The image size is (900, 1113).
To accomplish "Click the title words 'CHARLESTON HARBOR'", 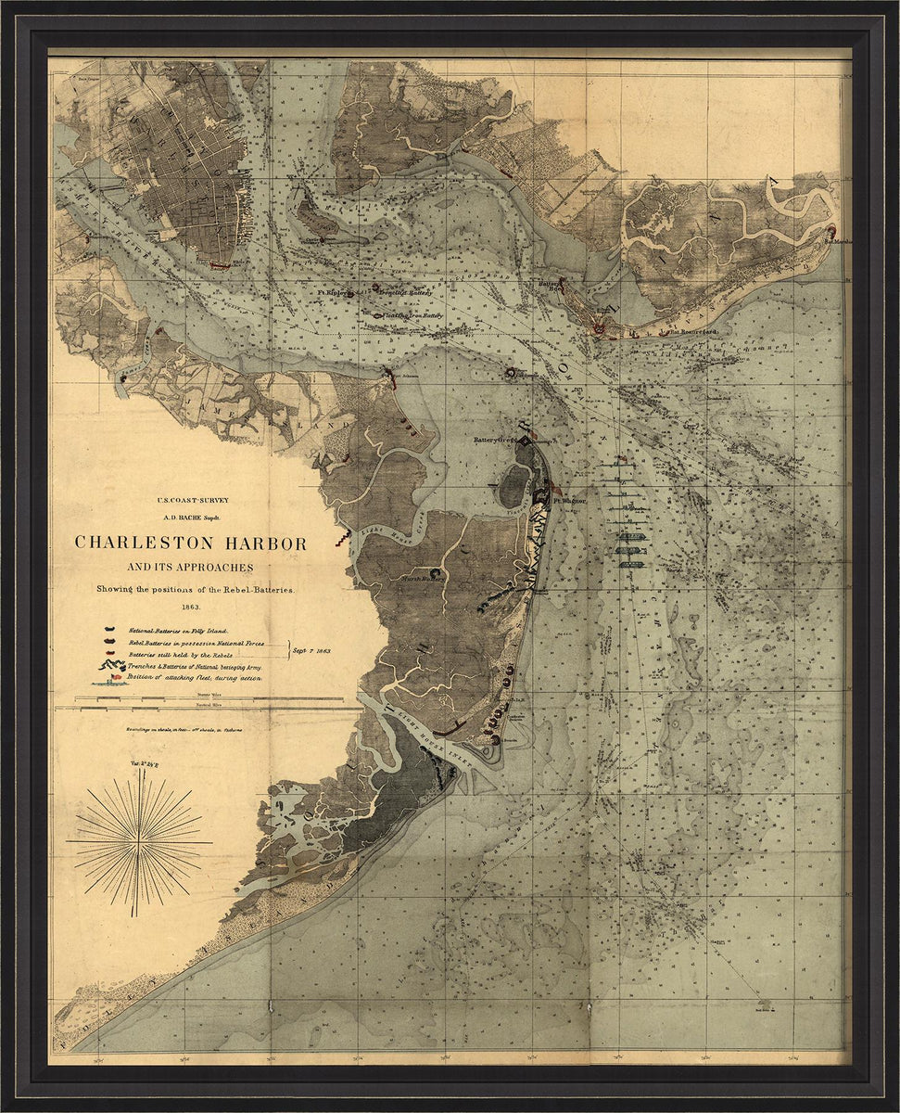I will pyautogui.click(x=190, y=544).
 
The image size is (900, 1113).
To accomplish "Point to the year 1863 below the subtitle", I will pyautogui.click(x=190, y=606).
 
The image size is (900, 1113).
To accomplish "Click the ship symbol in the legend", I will pyautogui.click(x=109, y=681).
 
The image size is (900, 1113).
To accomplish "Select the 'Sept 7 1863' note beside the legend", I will pyautogui.click(x=312, y=650).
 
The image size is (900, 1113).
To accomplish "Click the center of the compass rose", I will pyautogui.click(x=139, y=841).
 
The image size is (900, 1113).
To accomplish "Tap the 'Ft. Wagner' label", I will pyautogui.click(x=570, y=500).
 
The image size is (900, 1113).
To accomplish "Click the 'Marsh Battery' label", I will pyautogui.click(x=422, y=578).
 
